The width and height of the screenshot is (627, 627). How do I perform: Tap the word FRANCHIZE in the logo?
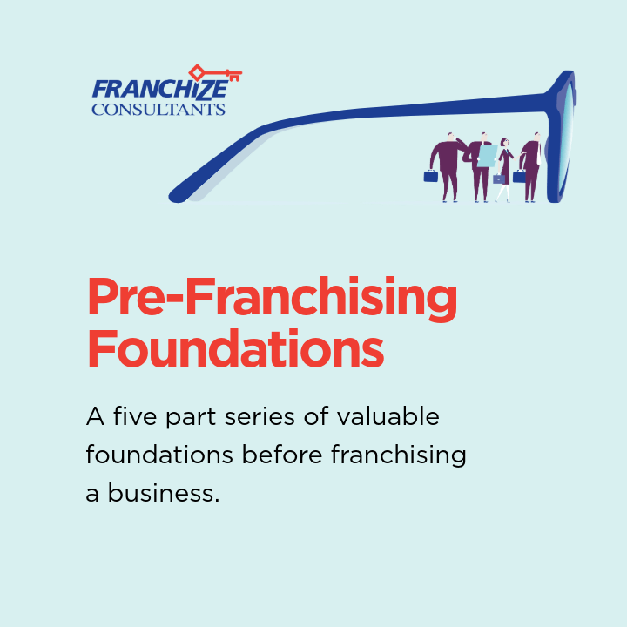click(x=159, y=90)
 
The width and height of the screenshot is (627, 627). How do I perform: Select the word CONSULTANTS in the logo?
click(x=158, y=110)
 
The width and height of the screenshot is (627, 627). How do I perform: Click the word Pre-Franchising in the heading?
click(x=272, y=299)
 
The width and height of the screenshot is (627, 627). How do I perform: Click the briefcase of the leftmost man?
click(x=431, y=176)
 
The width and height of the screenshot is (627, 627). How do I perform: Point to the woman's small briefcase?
click(x=499, y=179)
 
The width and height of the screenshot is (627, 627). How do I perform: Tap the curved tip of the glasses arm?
click(x=179, y=193)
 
